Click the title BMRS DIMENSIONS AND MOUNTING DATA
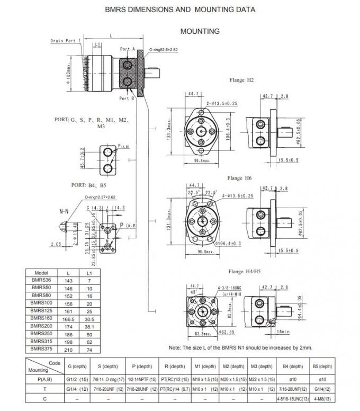click(x=180, y=10)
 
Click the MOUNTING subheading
click(x=200, y=31)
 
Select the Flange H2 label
click(x=241, y=80)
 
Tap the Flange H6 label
click(x=239, y=178)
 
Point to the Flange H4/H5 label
click(x=244, y=271)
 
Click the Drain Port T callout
click(x=66, y=40)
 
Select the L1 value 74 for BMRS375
click(x=89, y=349)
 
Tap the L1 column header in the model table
click(x=89, y=272)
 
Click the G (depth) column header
click(x=74, y=367)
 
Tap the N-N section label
click(x=64, y=211)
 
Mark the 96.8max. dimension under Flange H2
click(x=200, y=160)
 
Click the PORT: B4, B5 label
click(x=88, y=185)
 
